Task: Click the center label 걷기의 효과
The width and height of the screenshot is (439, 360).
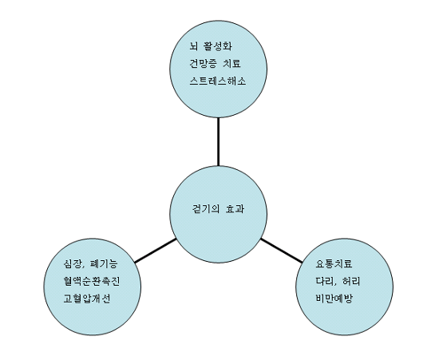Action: pos(218,209)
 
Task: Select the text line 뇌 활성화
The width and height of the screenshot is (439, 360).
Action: pos(211,46)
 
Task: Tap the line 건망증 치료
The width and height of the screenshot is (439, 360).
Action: pos(215,64)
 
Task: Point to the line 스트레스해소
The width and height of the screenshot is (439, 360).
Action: pos(218,81)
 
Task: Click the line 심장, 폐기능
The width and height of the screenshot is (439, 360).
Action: pos(90,263)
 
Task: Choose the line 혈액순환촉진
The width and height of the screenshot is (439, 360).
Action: pos(92,281)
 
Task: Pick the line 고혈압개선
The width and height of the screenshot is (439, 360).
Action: pos(87,299)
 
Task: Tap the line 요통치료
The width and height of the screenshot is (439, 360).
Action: pos(334,263)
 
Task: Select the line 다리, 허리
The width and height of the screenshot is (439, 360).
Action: pos(338,281)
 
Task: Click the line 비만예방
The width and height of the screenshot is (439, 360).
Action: pos(334,299)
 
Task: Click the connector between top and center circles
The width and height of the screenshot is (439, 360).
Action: pos(218,141)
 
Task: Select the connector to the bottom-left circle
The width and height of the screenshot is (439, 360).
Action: pos(156,251)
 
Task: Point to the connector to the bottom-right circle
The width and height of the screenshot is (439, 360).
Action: pos(282,251)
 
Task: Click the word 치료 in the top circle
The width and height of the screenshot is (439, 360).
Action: pos(231,64)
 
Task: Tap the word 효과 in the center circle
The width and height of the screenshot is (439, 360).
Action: pos(235,209)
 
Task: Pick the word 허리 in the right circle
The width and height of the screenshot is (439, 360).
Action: pos(351,281)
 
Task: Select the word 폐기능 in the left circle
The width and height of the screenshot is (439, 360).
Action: pos(104,263)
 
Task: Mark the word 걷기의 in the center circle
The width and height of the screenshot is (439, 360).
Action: pos(206,209)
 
